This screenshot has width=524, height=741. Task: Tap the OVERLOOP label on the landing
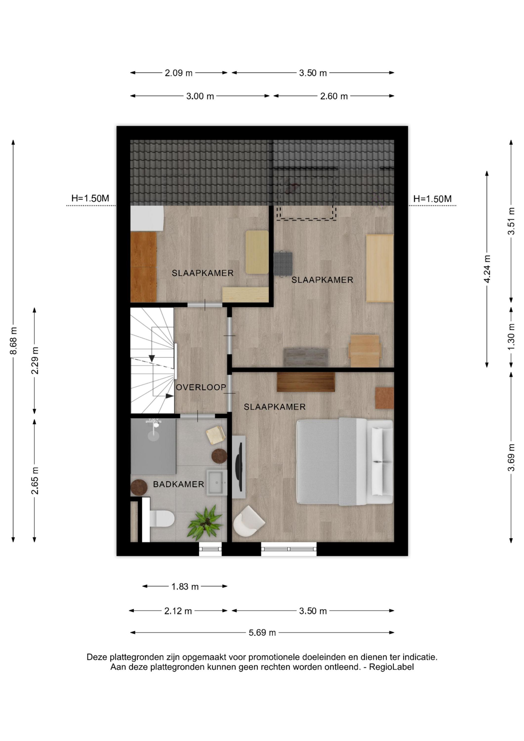click(x=201, y=387)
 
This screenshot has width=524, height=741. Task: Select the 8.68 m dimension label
click(x=14, y=340)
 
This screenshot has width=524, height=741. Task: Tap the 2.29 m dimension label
click(x=35, y=360)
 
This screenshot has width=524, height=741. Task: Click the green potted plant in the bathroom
click(x=205, y=523)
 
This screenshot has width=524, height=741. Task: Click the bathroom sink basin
click(x=217, y=483)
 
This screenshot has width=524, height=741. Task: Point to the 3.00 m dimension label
click(x=200, y=96)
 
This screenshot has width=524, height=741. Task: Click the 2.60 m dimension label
click(x=334, y=96)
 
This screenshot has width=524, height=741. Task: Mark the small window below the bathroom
click(x=210, y=549)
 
